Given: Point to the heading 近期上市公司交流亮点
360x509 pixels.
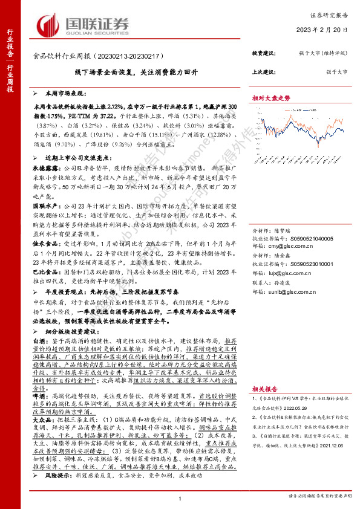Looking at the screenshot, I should pyautogui.click(x=67, y=156).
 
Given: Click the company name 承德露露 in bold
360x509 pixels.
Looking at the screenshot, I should pyautogui.click(x=45, y=164).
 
